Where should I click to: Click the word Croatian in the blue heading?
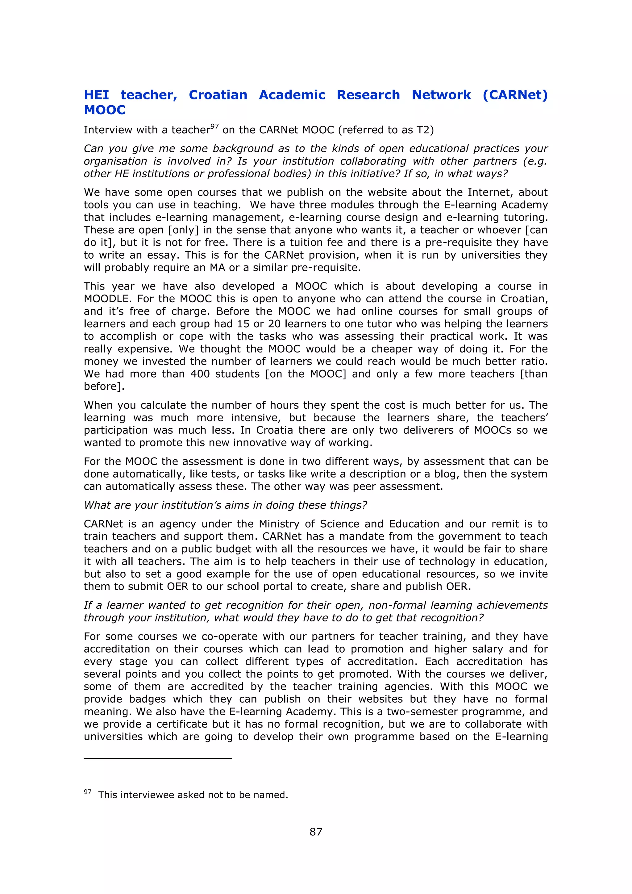coord(218,95)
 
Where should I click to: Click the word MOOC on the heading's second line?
coord(105,110)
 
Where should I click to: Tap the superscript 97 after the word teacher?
coord(214,126)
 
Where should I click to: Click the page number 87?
coord(316,832)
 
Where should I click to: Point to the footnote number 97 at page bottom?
coord(88,792)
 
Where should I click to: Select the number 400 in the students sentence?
coord(200,374)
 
